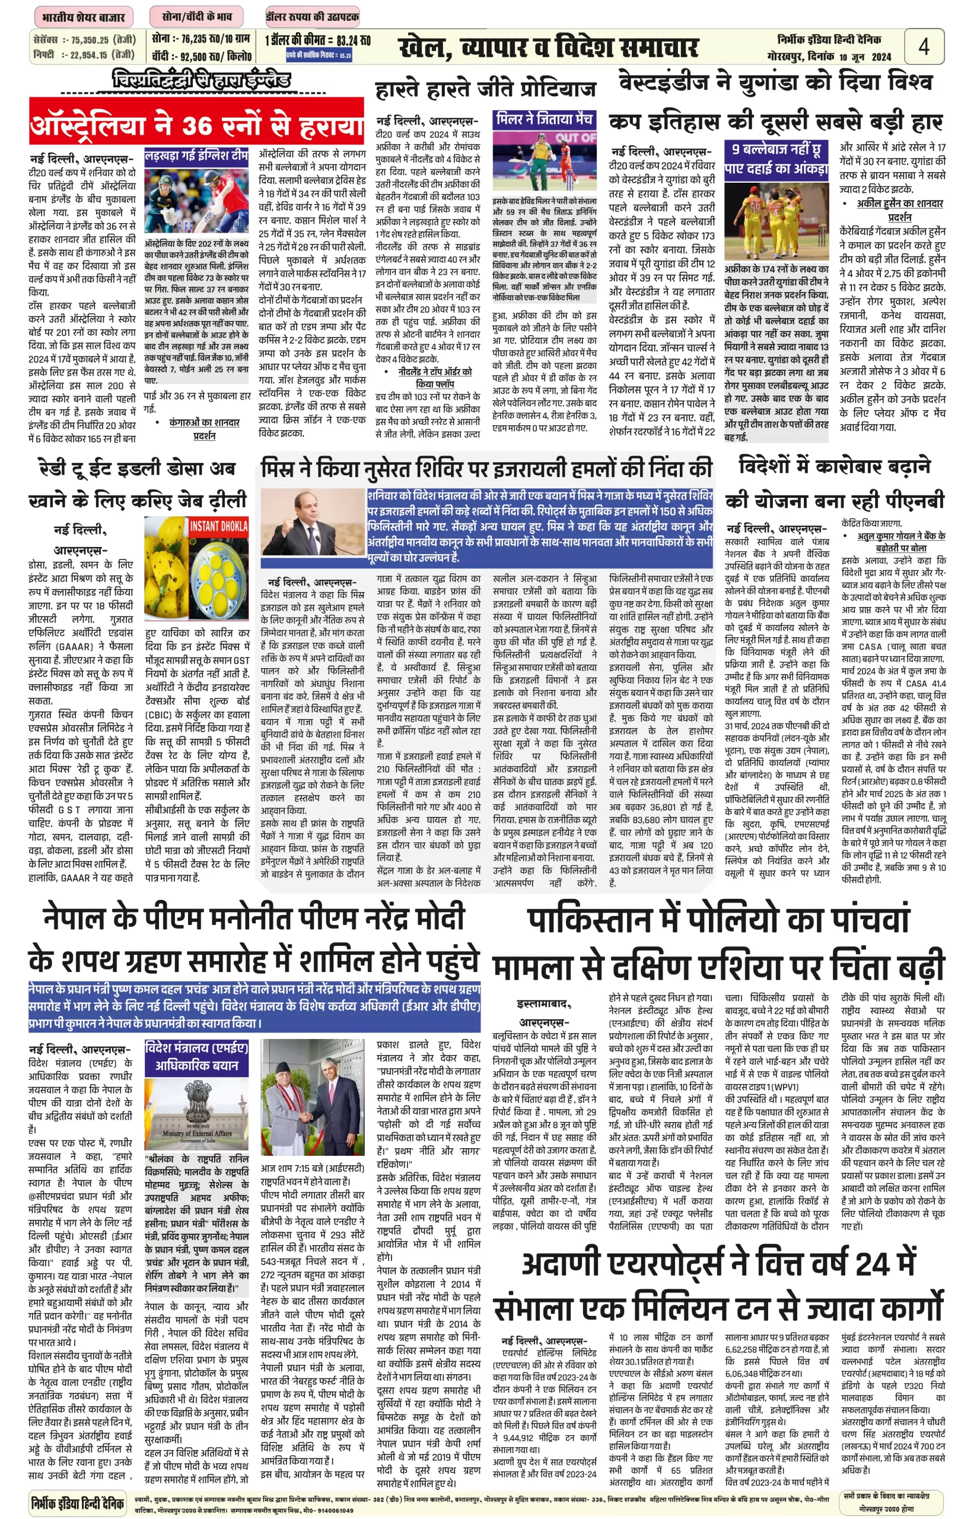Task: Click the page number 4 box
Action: point(924,46)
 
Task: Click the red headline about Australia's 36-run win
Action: point(197,125)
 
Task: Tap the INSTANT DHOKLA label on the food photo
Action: point(218,526)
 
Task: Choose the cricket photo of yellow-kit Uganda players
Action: point(776,221)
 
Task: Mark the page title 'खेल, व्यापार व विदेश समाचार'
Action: point(548,48)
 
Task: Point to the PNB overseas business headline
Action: point(834,484)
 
